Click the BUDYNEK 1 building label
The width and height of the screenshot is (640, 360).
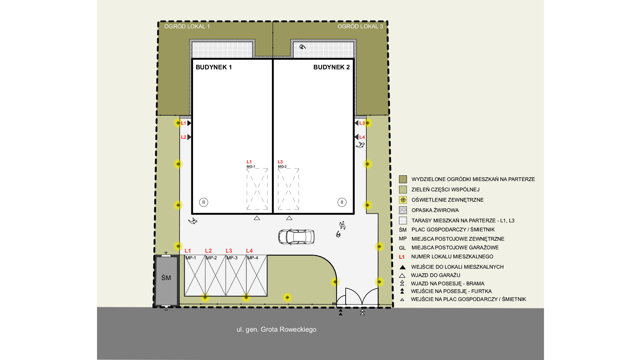[x=214, y=67]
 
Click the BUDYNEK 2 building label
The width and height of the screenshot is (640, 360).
[x=331, y=67]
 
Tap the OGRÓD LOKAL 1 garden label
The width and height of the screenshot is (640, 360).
[x=187, y=26]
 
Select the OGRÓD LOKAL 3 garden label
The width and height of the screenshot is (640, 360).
[x=360, y=26]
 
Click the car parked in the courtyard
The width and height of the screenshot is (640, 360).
[x=296, y=237]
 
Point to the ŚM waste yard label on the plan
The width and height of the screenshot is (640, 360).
[x=166, y=278]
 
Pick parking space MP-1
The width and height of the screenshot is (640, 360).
[x=195, y=276]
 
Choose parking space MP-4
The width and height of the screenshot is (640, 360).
[x=257, y=276]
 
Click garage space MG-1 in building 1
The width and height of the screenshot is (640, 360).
[x=257, y=189]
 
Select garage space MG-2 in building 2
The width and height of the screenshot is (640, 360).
[x=288, y=189]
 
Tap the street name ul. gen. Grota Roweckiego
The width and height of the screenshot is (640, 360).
[x=276, y=329]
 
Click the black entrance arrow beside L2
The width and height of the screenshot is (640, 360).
[x=189, y=137]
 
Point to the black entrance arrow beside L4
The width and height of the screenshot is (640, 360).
[x=356, y=137]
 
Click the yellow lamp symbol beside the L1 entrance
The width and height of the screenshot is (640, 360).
[x=178, y=123]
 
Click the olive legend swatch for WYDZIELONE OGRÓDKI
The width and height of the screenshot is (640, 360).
[x=403, y=179]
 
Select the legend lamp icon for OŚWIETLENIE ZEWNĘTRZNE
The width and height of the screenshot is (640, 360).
[x=403, y=200]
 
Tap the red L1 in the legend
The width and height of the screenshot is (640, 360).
[x=402, y=257]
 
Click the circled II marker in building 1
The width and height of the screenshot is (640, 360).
[x=204, y=202]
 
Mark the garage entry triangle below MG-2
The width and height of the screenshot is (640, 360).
[x=289, y=218]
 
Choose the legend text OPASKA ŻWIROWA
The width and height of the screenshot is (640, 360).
[x=435, y=210]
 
